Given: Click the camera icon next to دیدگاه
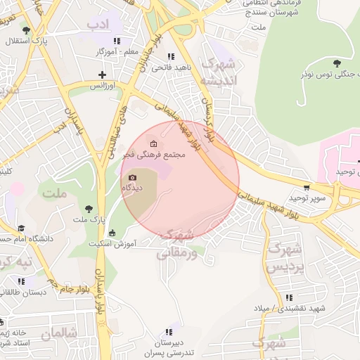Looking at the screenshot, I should click(133, 178).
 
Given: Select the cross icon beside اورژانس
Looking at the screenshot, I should click(103, 75).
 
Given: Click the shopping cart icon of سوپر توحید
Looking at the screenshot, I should click(306, 187).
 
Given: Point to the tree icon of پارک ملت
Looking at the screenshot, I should click(89, 208).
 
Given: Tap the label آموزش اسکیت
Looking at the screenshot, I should click(112, 243).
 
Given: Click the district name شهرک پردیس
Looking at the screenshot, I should click(286, 258).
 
